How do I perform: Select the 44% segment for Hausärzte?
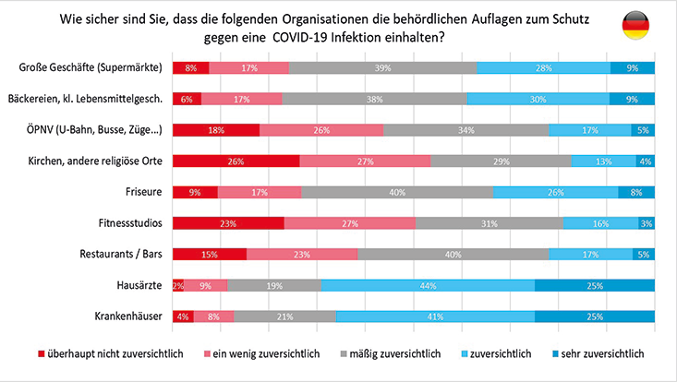pos(428,285)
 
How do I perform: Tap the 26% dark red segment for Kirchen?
pos(236,161)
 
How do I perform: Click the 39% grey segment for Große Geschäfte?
pos(382,67)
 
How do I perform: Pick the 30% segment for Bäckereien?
pos(538,99)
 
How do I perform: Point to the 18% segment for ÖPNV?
pos(216,130)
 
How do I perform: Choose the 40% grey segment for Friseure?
pos(397,192)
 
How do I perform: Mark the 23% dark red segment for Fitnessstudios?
pos(228,223)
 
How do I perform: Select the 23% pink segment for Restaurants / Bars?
pos(302,255)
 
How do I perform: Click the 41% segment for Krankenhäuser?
pos(435,316)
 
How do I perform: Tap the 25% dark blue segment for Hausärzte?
pos(595,285)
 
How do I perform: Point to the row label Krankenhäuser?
pos(129,316)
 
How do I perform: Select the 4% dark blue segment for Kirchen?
pos(645,161)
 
